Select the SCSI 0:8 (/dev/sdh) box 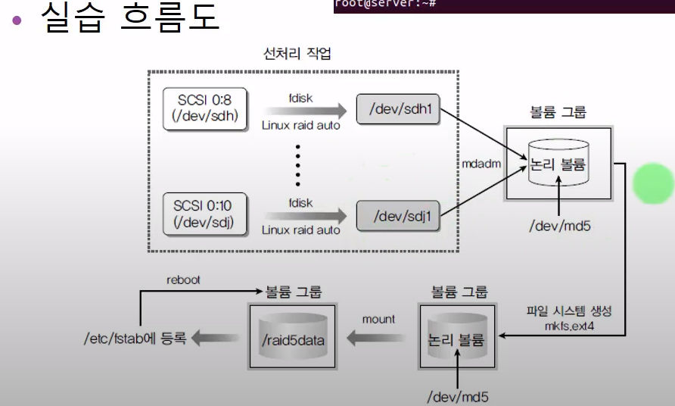click(206, 109)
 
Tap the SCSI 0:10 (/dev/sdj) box click(206, 214)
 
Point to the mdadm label click(481, 163)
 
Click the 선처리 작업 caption click(297, 55)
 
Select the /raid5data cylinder click(294, 339)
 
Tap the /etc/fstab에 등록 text click(135, 339)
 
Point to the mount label click(378, 319)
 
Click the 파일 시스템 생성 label click(568, 311)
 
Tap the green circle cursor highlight click(653, 183)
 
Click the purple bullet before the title click(17, 20)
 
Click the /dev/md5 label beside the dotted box click(558, 225)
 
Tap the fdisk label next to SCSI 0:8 click(300, 98)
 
